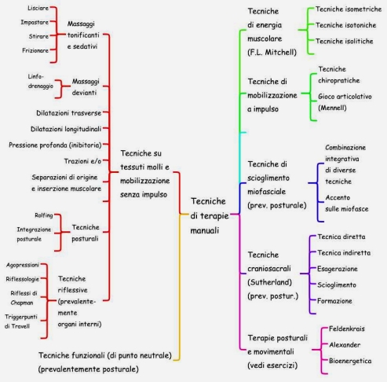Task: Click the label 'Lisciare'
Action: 38,8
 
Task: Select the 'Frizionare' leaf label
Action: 35,50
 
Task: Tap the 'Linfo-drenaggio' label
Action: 41,81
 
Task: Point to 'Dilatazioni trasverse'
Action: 68,113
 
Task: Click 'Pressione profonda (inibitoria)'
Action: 55,145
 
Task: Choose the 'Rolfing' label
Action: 44,215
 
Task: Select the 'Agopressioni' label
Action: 23,265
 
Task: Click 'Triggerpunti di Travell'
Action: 21,321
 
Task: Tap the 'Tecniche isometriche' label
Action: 349,9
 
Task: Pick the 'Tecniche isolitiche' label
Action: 344,41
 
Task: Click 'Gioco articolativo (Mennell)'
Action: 345,102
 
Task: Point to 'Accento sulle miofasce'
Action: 347,204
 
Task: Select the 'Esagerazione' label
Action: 338,269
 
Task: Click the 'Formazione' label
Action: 334,301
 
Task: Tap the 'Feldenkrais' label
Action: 347,329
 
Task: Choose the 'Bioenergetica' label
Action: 350,361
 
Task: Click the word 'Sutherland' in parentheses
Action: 270,282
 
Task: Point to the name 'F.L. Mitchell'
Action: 272,53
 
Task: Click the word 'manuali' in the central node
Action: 204,230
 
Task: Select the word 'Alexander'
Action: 345,345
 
